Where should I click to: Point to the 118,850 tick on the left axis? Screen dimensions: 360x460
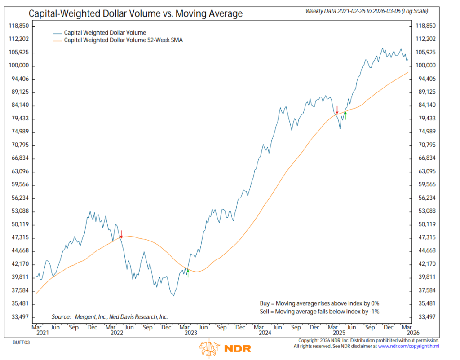click(x=19, y=26)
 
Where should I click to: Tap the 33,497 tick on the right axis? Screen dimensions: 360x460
click(x=427, y=317)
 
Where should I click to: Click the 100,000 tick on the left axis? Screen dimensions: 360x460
click(x=19, y=66)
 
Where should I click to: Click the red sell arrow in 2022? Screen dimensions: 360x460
click(x=121, y=234)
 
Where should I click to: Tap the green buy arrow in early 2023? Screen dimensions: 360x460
click(x=188, y=273)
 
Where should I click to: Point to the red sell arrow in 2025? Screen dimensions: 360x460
click(x=337, y=109)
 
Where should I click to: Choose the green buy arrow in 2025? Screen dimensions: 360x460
click(x=345, y=115)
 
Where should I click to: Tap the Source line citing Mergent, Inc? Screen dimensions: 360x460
click(x=110, y=316)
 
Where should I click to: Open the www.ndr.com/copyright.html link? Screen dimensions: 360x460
click(x=408, y=347)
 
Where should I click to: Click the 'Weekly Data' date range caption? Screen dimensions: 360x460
click(x=366, y=10)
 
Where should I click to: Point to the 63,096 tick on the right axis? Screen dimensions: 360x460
click(x=427, y=171)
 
